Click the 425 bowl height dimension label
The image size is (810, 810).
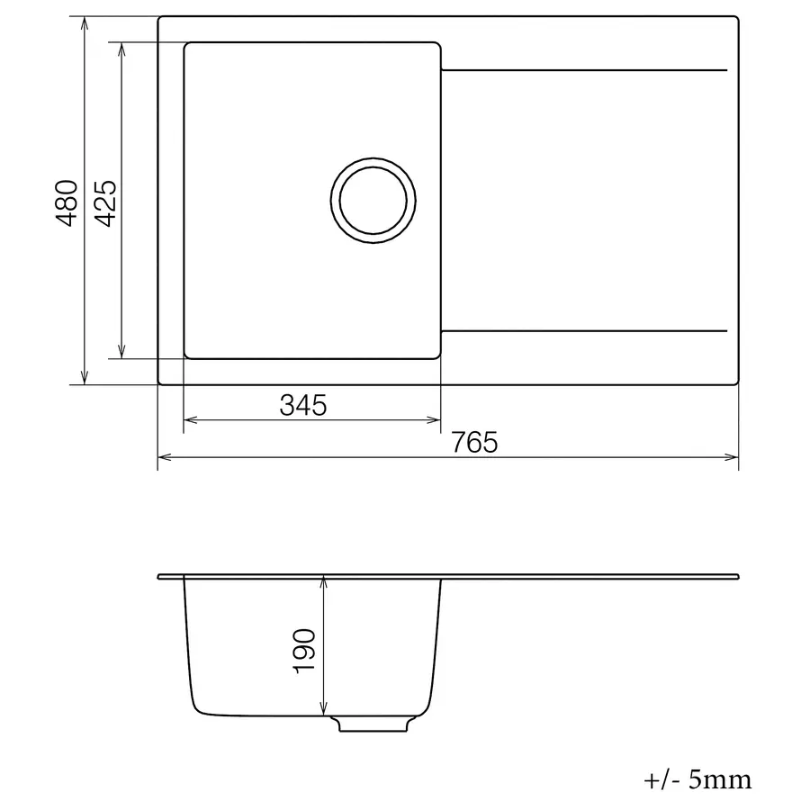point(105,203)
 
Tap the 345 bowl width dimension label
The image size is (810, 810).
point(302,406)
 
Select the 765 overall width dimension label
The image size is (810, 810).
point(474,443)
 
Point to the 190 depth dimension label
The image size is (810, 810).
point(303,651)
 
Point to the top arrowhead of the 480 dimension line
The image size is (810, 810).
point(84,22)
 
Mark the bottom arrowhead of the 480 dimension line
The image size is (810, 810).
point(84,379)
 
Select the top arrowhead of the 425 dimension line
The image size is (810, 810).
point(121,48)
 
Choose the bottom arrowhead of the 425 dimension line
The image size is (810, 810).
point(121,352)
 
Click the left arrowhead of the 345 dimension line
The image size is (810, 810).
point(190,419)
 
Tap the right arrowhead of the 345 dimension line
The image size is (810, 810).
point(435,419)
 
